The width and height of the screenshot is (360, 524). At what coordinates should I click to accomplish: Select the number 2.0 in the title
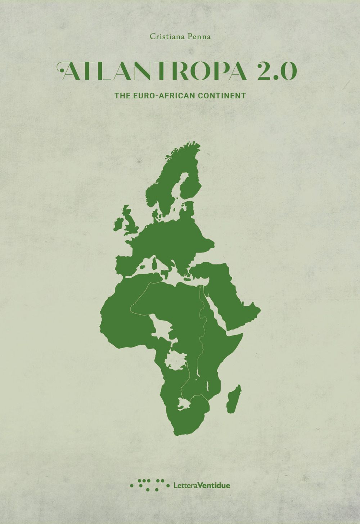[x=276, y=71]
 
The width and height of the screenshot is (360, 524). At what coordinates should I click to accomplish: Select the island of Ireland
[x=118, y=224]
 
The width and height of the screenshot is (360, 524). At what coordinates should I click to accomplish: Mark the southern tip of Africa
[x=179, y=432]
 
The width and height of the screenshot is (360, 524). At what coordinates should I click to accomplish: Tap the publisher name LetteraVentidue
[x=202, y=485]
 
